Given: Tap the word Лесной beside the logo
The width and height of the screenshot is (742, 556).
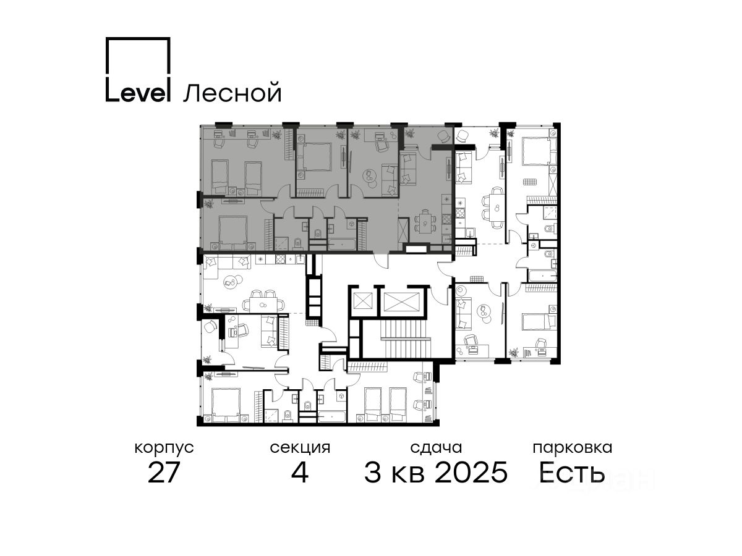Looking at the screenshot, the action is (x=232, y=93).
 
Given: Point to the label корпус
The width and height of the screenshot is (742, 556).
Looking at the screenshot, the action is (x=164, y=449).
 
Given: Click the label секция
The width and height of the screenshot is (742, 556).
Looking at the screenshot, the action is (x=299, y=448).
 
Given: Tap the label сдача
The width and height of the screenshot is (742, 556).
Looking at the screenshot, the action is (x=436, y=448).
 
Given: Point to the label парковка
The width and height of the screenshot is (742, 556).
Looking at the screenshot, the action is (x=573, y=448).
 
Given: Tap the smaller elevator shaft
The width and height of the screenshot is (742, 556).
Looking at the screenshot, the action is (x=362, y=300).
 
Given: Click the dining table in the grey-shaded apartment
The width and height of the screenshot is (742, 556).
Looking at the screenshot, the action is (x=425, y=222).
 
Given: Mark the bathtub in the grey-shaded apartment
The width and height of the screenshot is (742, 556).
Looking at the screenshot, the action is (x=341, y=244).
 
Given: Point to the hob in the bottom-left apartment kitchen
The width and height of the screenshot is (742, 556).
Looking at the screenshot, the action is (x=281, y=259).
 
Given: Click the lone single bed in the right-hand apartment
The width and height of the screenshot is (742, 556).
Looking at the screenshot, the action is (x=539, y=322).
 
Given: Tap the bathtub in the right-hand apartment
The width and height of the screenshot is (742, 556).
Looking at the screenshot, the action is (x=542, y=276).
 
